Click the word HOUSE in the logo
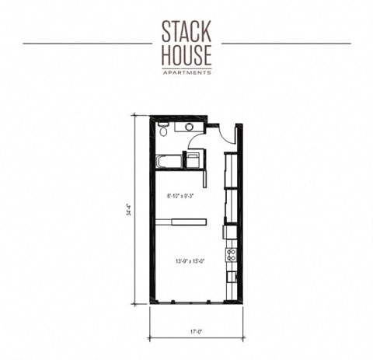(186, 55)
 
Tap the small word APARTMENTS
(186, 72)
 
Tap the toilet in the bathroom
(164, 128)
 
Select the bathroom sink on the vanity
(189, 127)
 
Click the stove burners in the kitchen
(230, 254)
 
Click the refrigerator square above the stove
(229, 232)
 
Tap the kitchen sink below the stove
(230, 275)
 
